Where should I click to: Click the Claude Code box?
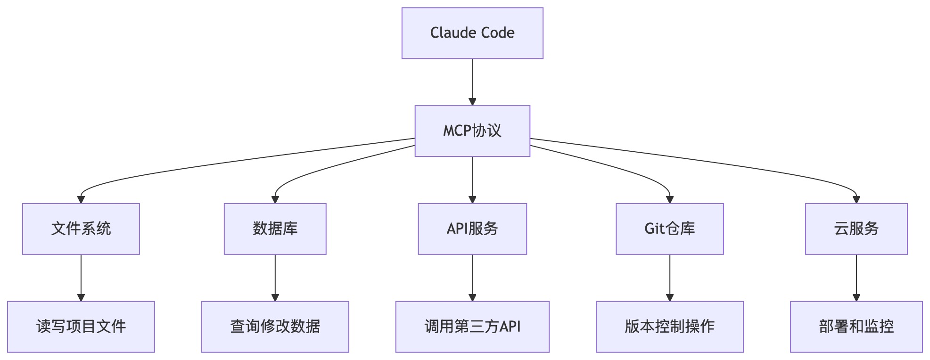pyautogui.click(x=472, y=33)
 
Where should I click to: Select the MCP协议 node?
pyautogui.click(x=472, y=131)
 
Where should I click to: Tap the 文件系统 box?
pyautogui.click(x=81, y=229)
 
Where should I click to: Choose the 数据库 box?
pyautogui.click(x=275, y=229)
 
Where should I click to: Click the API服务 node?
pyautogui.click(x=472, y=229)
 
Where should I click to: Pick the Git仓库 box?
pyautogui.click(x=669, y=229)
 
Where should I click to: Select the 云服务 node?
pyautogui.click(x=856, y=229)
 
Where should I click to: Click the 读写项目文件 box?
pyautogui.click(x=81, y=327)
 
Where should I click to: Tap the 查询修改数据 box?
pyautogui.click(x=275, y=327)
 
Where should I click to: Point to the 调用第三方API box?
pyautogui.click(x=472, y=327)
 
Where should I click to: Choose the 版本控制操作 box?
pyautogui.click(x=669, y=327)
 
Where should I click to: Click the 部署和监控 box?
pyautogui.click(x=856, y=327)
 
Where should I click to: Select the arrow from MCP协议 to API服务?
pyautogui.click(x=472, y=179)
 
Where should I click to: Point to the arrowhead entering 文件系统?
pyautogui.click(x=81, y=200)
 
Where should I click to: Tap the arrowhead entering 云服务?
pyautogui.click(x=856, y=200)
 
